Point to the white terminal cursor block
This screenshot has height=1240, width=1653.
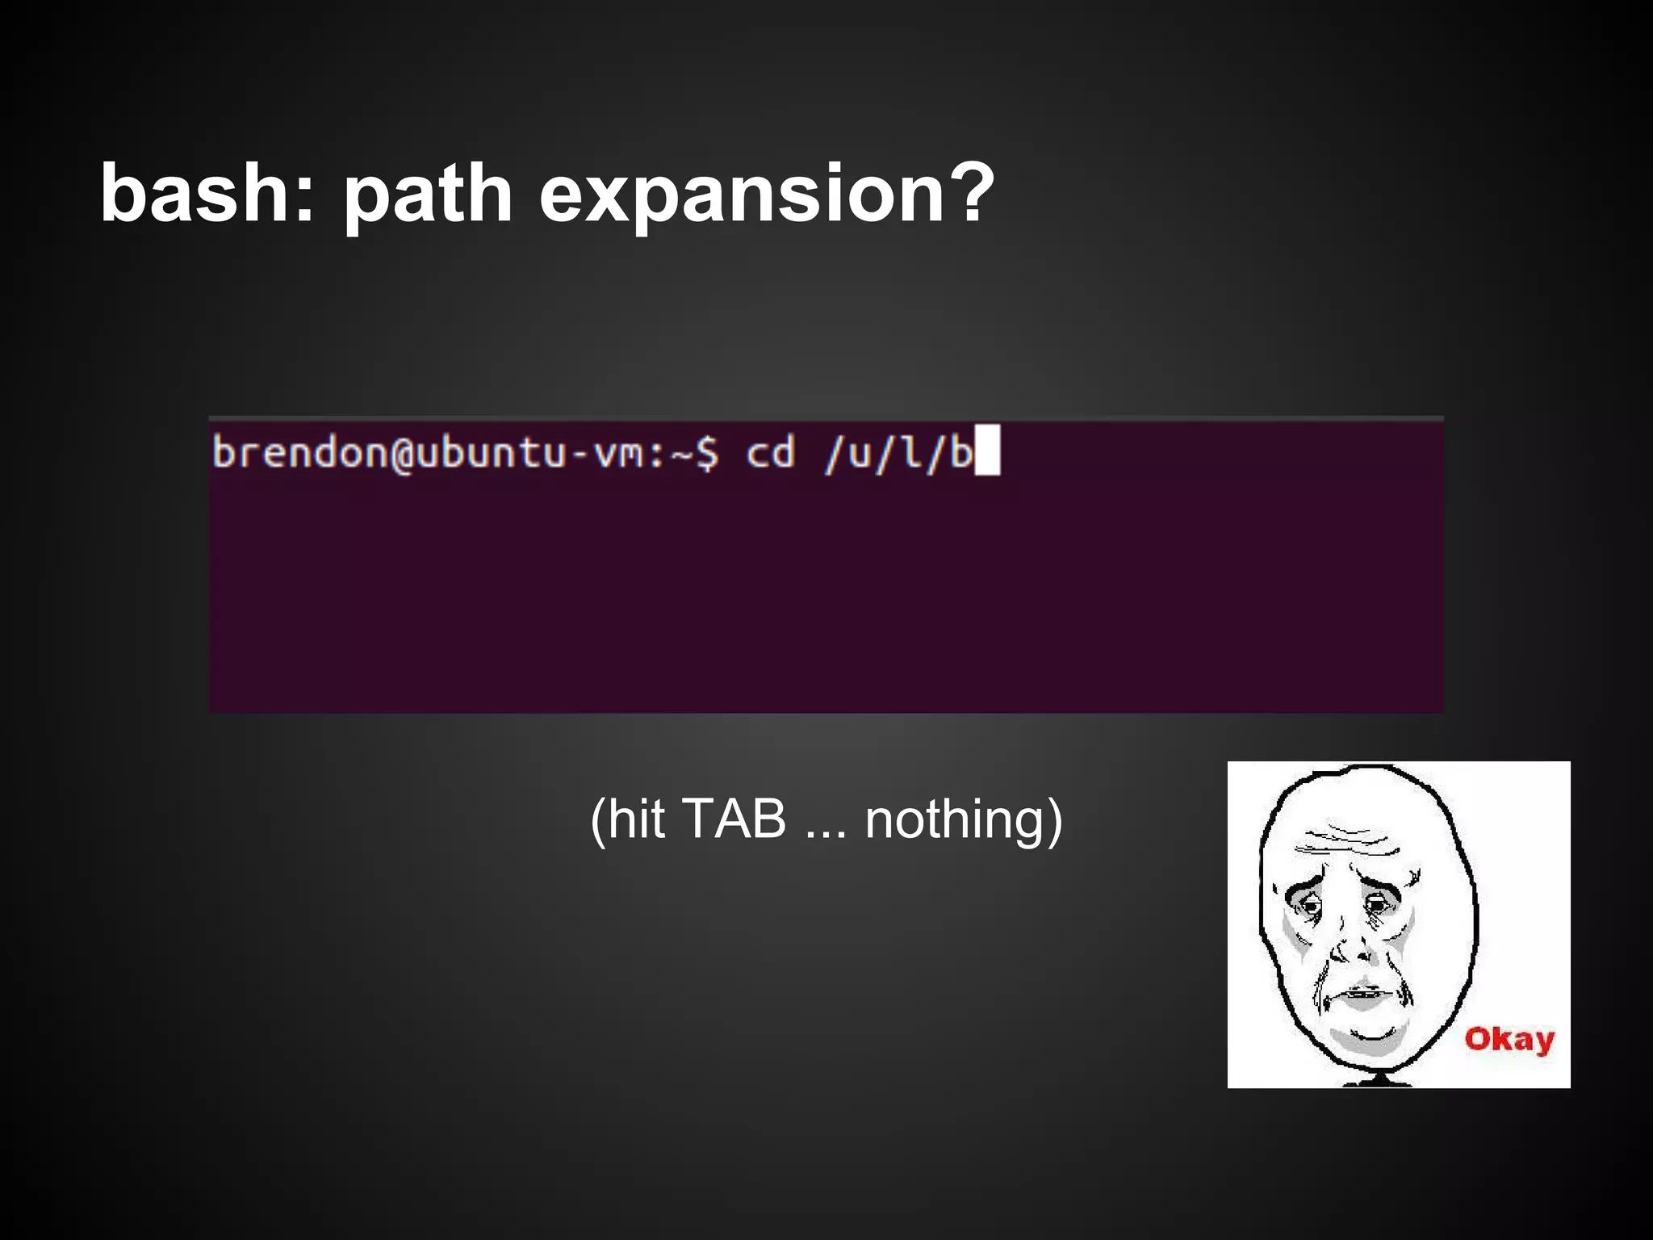pyautogui.click(x=988, y=450)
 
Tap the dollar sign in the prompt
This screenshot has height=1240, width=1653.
pyautogui.click(x=707, y=453)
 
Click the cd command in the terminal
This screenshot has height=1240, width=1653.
pyautogui.click(x=770, y=453)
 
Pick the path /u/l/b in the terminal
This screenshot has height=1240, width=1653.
pyautogui.click(x=898, y=453)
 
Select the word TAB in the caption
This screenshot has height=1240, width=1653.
pyautogui.click(x=734, y=819)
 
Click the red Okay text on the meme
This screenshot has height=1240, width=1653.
pyautogui.click(x=1509, y=1040)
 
